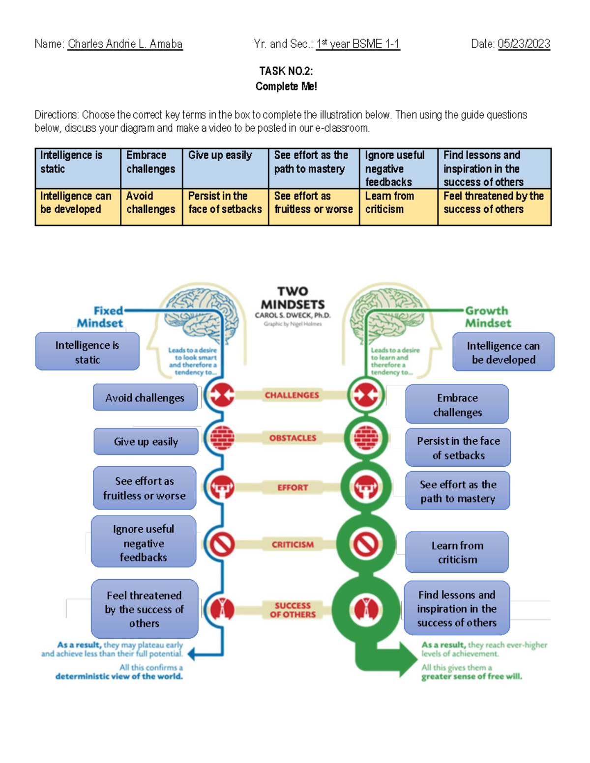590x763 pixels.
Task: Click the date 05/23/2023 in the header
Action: point(524,44)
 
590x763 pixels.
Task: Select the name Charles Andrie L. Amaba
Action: point(125,44)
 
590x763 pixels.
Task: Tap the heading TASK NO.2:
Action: point(286,71)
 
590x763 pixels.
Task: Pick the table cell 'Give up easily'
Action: point(225,168)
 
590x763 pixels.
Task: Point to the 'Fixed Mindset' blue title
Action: point(101,317)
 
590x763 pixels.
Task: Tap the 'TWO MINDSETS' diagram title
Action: point(293,298)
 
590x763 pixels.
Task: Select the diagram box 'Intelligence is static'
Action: point(88,352)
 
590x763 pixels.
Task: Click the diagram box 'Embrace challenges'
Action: point(457,404)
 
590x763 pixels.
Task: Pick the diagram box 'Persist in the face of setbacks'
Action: point(458,448)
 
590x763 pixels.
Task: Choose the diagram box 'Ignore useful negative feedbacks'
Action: point(144,542)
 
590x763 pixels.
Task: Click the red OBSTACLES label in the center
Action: point(293,438)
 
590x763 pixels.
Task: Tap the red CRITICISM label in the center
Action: point(293,544)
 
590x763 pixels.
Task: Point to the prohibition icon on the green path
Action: point(366,544)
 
